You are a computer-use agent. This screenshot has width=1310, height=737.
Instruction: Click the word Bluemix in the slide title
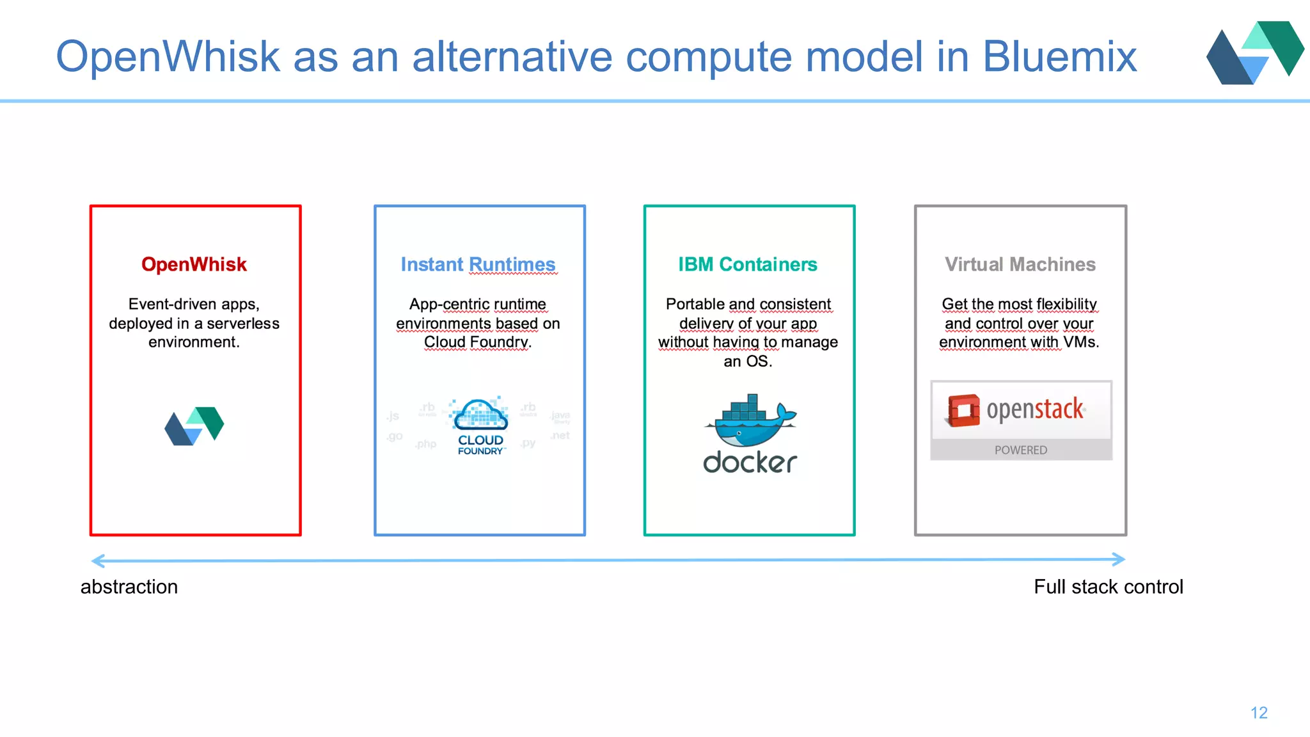1059,57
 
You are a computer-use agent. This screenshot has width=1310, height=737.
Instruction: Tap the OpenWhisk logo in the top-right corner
1254,52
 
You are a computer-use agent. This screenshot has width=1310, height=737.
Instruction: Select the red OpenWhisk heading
194,264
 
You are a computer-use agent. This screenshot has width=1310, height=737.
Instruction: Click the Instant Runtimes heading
478,264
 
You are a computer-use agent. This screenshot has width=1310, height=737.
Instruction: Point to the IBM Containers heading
748,264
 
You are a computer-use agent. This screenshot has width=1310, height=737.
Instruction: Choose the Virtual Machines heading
1020,264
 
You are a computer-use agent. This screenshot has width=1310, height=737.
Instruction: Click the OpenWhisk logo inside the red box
194,425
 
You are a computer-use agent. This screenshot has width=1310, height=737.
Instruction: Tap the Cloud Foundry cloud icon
479,415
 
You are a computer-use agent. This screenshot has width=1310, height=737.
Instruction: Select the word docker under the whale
750,463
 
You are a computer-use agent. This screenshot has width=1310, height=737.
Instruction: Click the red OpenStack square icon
963,410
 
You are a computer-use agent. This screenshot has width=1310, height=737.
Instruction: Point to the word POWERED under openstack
1021,450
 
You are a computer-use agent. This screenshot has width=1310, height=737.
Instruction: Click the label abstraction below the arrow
129,587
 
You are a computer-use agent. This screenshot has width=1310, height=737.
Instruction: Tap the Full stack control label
1109,587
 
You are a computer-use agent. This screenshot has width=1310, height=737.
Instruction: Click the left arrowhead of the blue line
97,561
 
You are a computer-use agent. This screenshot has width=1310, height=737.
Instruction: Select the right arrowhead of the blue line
1119,559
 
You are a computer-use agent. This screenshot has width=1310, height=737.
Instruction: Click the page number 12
1259,713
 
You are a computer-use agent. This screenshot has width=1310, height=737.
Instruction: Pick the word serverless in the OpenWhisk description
243,324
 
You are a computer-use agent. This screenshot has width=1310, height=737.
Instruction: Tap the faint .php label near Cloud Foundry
425,444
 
